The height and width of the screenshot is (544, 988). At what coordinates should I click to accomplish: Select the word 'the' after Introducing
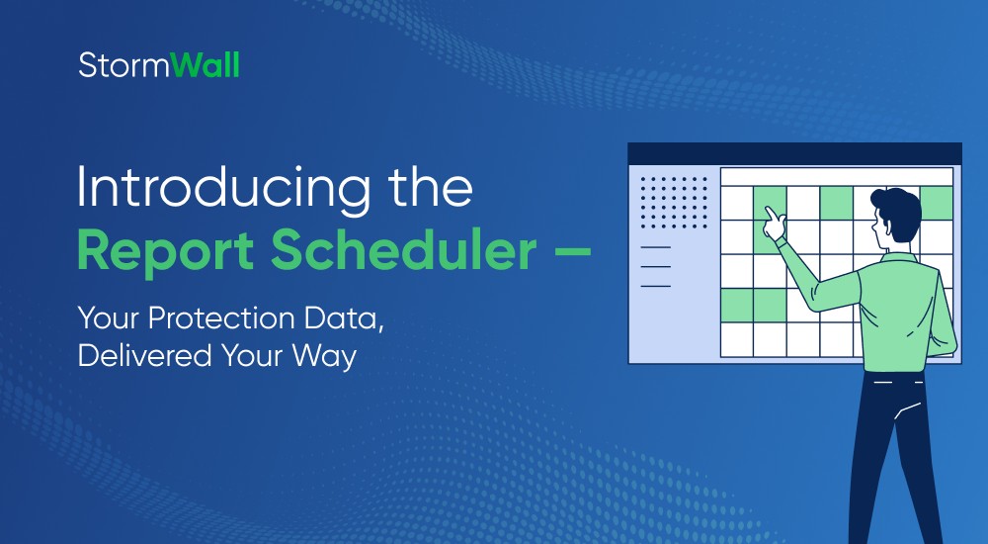(423, 187)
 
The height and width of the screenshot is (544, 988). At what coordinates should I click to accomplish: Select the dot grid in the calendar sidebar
(674, 202)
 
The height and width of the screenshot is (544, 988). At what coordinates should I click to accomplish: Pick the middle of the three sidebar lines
(656, 266)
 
